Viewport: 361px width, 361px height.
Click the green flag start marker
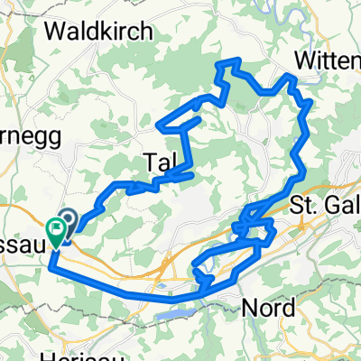(56, 233)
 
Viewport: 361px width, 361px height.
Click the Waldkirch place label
(98, 32)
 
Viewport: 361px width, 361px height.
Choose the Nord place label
(268, 308)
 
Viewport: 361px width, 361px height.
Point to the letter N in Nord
(250, 308)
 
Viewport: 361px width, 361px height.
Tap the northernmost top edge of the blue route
(231, 61)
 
